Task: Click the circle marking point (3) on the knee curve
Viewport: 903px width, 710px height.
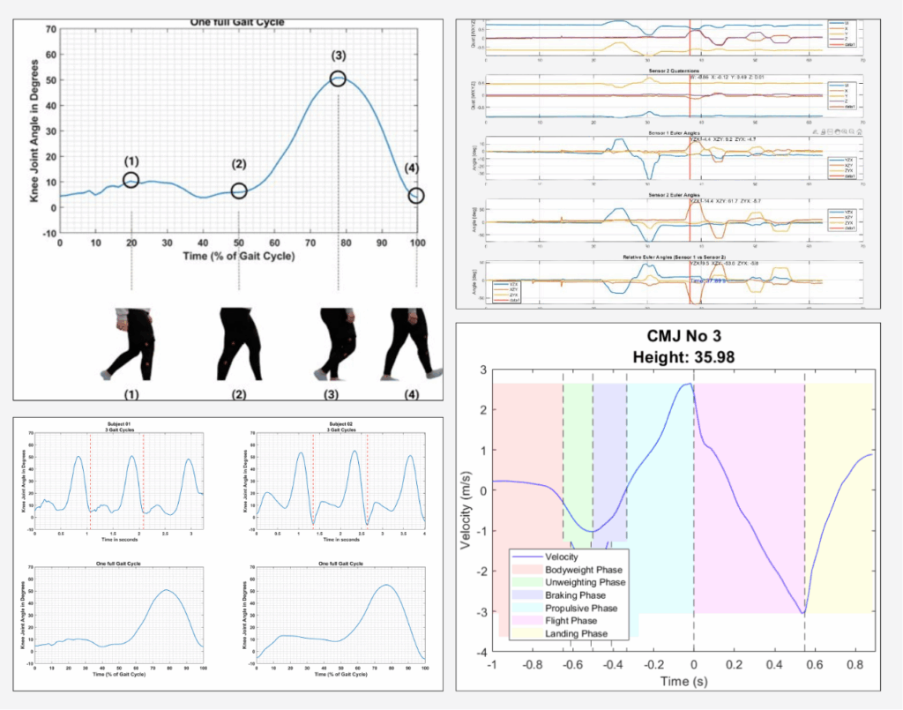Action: tap(339, 78)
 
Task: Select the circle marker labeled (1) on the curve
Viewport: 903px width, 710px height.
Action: tap(131, 180)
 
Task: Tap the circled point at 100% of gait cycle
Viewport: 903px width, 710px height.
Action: tap(416, 196)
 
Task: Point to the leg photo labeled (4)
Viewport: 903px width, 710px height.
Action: tap(407, 342)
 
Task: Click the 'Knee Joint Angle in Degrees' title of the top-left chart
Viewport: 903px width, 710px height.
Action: tap(36, 131)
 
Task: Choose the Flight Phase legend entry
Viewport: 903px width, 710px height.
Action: tap(578, 620)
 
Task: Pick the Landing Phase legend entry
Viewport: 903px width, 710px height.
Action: tap(583, 633)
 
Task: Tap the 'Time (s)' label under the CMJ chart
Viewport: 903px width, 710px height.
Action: tap(682, 682)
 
